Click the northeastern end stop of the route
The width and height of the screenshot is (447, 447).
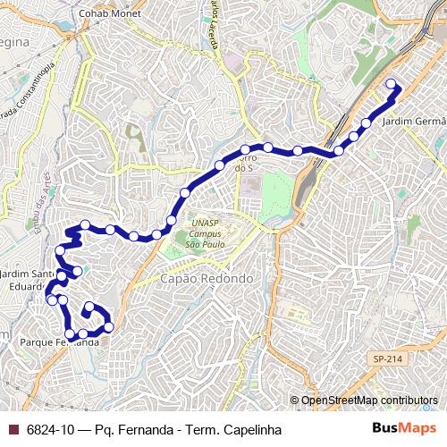pyautogui.click(x=391, y=85)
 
